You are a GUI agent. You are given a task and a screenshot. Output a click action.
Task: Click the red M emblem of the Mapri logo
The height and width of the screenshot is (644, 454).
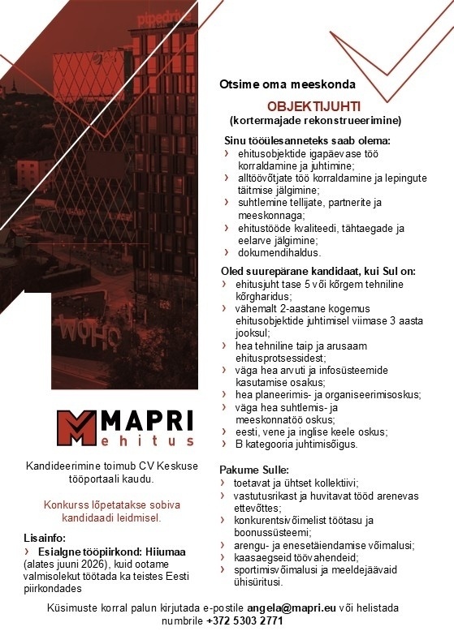76,428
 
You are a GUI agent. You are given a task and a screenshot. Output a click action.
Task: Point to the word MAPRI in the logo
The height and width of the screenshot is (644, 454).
149,420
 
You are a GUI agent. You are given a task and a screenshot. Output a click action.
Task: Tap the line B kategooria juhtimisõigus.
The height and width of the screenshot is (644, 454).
296,444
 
